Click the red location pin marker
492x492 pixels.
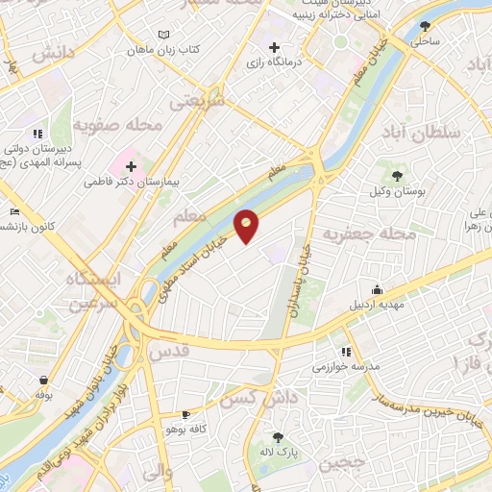pos(247,226)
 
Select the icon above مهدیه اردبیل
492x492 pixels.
pos(378,290)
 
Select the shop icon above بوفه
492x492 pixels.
pos(43,378)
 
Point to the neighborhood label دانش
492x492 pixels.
pos(54,54)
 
